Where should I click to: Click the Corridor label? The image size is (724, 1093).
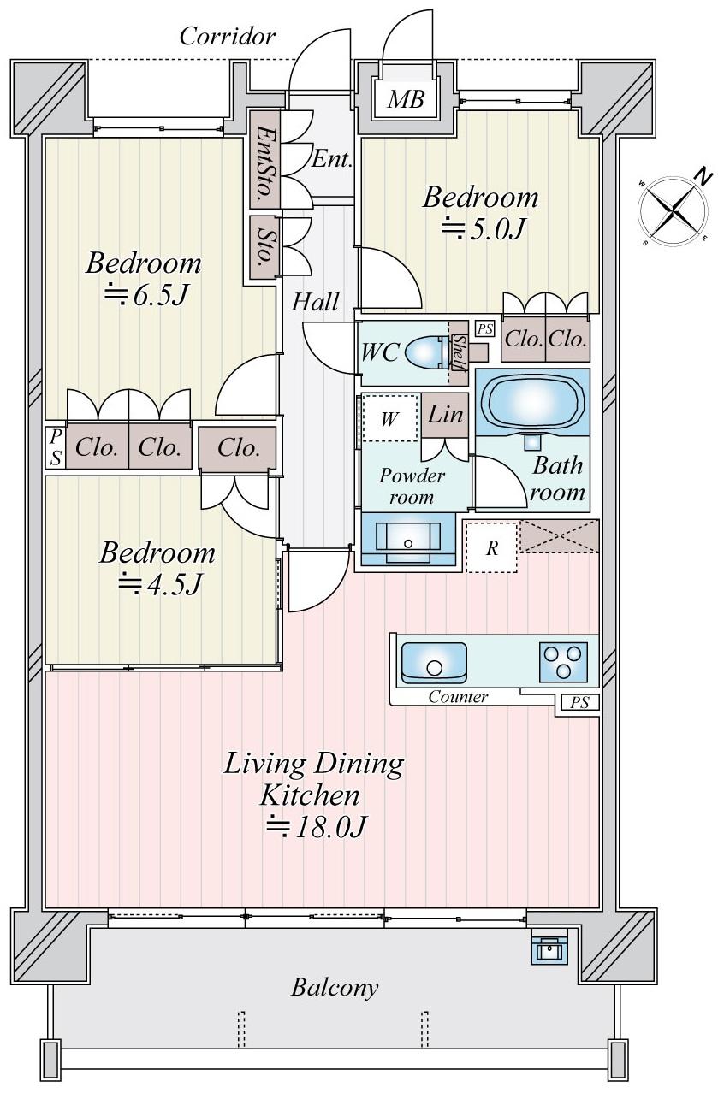227,37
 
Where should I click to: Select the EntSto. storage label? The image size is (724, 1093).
265,159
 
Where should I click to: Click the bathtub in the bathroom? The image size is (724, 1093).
532,401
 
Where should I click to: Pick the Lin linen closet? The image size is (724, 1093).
445,416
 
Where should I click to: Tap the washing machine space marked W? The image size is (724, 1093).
389,418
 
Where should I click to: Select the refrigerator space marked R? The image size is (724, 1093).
491,547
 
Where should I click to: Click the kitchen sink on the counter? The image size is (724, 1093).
434,662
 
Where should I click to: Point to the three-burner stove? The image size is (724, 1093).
563,662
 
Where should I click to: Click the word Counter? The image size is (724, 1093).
458,696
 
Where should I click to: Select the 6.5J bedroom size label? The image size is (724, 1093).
145,294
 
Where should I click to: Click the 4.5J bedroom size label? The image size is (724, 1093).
160,583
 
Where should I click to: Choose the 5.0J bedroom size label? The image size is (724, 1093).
484,228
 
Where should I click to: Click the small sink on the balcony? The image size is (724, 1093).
549,949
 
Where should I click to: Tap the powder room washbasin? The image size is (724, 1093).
408,539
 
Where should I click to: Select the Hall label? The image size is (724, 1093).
315,302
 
